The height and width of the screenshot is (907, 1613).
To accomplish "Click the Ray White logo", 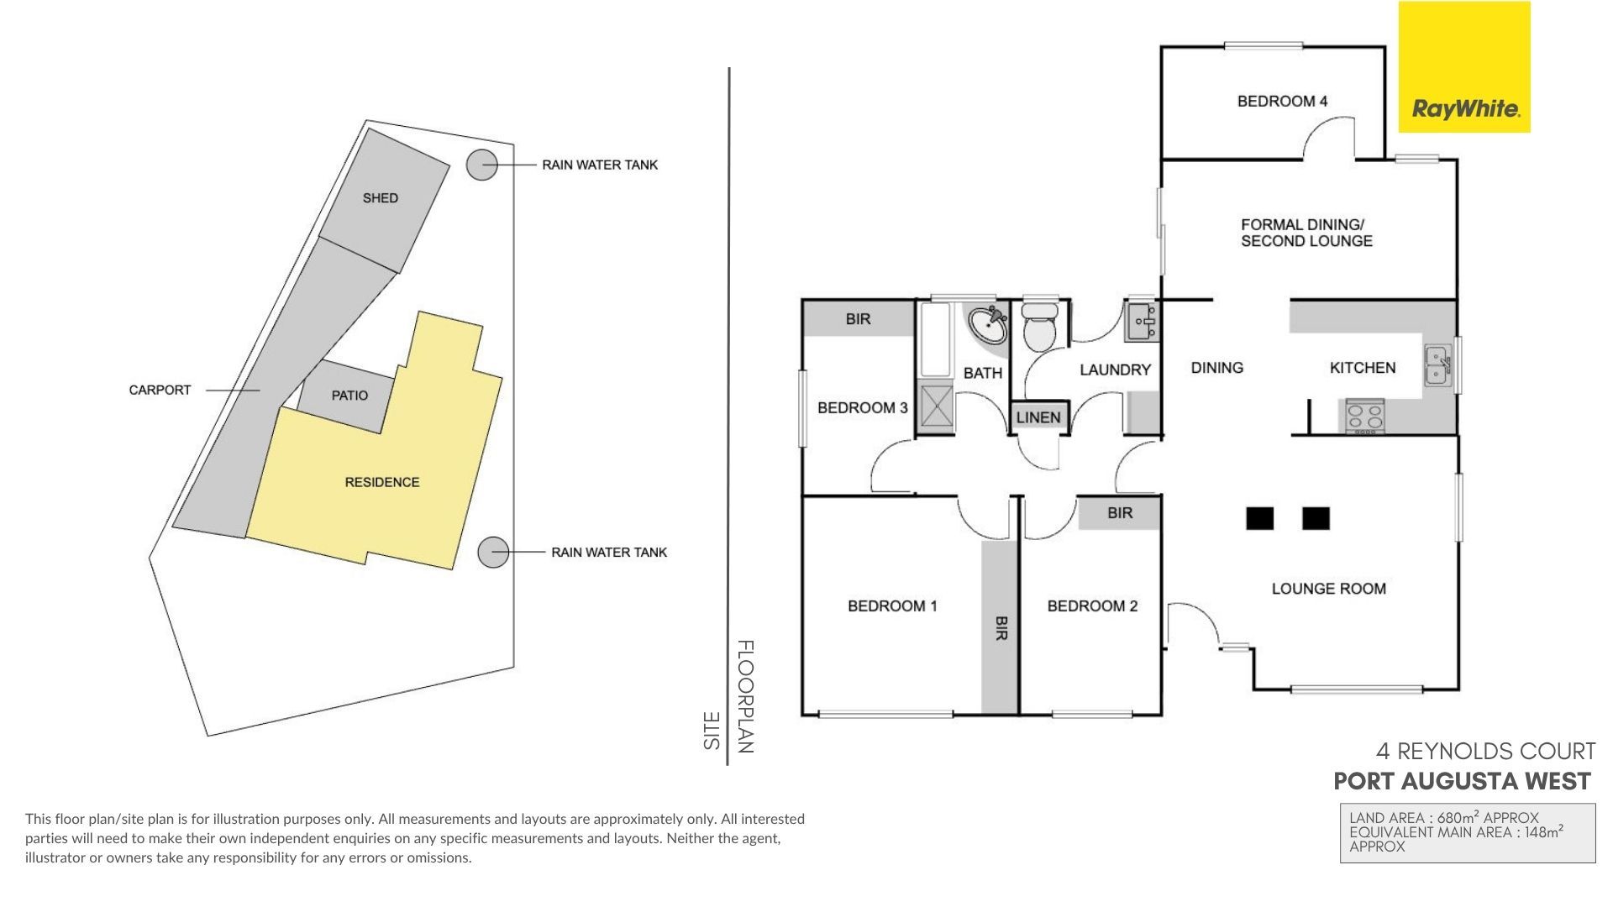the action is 1464,67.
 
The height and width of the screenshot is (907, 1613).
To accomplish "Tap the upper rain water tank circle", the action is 482,165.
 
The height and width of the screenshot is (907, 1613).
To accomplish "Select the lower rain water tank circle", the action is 494,553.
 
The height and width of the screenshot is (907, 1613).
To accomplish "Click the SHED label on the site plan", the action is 381,198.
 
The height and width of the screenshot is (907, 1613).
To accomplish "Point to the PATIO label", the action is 349,396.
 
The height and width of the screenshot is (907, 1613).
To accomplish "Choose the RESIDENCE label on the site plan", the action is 382,482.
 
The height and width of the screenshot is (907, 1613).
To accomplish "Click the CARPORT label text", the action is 160,390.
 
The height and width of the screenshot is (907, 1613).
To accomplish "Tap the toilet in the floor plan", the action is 1041,327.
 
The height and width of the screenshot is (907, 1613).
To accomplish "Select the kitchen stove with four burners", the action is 1365,417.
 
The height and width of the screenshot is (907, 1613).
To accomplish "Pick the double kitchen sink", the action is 1437,367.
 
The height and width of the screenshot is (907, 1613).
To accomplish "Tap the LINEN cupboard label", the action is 1038,417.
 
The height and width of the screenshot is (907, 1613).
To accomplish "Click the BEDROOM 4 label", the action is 1282,102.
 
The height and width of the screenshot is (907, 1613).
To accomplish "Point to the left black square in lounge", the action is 1259,519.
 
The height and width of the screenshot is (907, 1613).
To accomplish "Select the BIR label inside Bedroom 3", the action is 858,319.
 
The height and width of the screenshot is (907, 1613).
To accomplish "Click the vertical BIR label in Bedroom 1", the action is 1001,628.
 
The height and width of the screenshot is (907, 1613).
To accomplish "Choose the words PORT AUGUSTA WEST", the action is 1462,782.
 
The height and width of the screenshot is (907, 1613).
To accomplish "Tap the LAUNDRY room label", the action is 1115,370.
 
